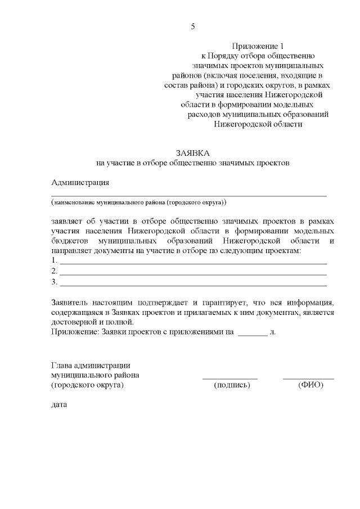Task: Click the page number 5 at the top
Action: (192, 26)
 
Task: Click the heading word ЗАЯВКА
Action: (192, 153)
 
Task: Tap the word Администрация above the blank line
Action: (80, 182)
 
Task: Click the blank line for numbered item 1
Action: (193, 263)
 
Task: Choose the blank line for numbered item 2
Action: (193, 273)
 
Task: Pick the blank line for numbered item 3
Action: (193, 283)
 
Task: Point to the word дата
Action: (58, 404)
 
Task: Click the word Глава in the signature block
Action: (61, 365)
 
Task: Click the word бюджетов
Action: (70, 240)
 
